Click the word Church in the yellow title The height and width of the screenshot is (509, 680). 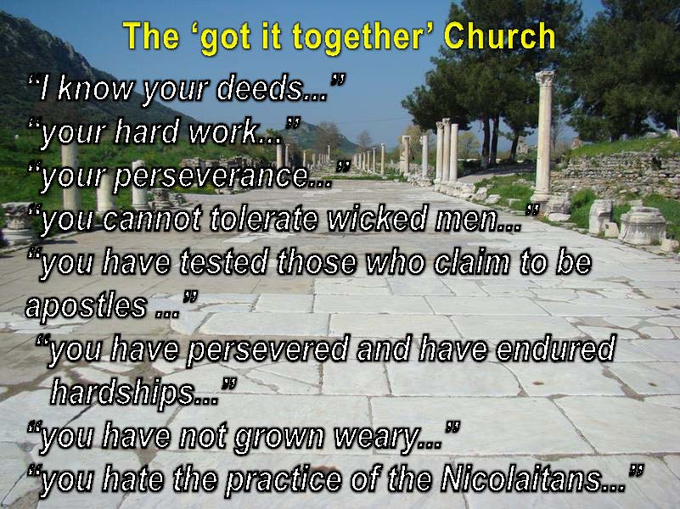(499, 36)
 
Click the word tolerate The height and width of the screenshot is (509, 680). (264, 218)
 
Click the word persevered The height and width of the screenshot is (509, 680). (267, 350)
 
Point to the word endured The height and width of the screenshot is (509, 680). (555, 349)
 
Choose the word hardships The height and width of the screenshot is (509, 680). (123, 394)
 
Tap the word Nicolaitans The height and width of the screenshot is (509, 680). (522, 478)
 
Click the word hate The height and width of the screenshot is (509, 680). (133, 479)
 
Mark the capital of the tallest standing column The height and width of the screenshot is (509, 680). (545, 79)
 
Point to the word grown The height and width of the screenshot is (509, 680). (278, 438)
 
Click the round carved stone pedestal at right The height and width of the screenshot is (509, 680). (643, 226)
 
